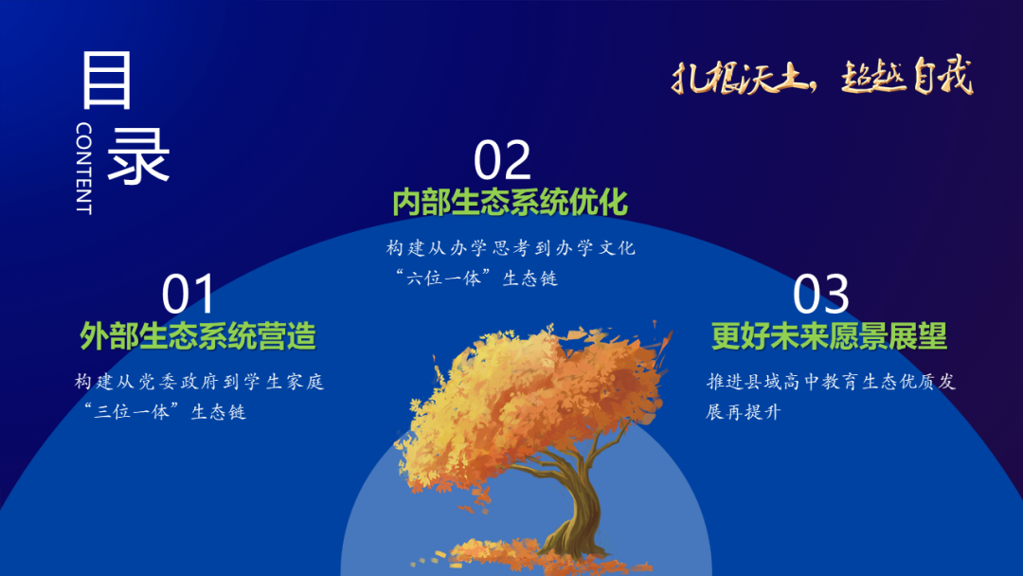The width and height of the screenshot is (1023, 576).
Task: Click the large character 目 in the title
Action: pyautogui.click(x=107, y=80)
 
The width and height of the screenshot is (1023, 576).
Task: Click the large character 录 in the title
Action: pyautogui.click(x=137, y=155)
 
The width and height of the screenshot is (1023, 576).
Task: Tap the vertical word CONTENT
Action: pyautogui.click(x=83, y=168)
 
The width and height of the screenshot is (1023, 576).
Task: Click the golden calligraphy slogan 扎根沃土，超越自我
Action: pyautogui.click(x=822, y=77)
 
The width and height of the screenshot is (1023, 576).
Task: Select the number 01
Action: pyautogui.click(x=188, y=295)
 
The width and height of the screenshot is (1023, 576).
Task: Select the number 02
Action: pyautogui.click(x=502, y=160)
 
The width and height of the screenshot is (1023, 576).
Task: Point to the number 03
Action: pyautogui.click(x=820, y=295)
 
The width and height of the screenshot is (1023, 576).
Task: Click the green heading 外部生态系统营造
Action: pyautogui.click(x=198, y=336)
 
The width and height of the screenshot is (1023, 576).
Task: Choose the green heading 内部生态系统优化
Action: pyautogui.click(x=511, y=202)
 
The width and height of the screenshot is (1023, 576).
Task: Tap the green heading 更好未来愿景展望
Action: pyautogui.click(x=829, y=336)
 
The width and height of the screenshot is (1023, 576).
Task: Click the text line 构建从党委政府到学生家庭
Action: pyautogui.click(x=199, y=382)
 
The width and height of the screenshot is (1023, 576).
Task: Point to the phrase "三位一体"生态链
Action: pyautogui.click(x=165, y=411)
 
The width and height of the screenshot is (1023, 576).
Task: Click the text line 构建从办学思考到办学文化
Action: pyautogui.click(x=511, y=248)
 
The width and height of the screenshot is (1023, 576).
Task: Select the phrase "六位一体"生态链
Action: pyautogui.click(x=476, y=278)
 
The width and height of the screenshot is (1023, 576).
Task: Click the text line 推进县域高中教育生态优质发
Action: pyautogui.click(x=831, y=382)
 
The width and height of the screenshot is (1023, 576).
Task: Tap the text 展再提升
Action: pyautogui.click(x=743, y=411)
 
